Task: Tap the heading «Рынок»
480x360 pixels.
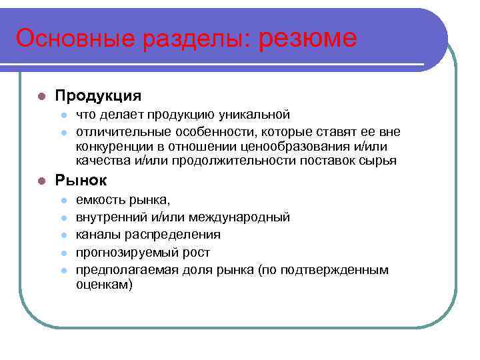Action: coord(81,180)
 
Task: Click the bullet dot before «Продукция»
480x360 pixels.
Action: coord(41,96)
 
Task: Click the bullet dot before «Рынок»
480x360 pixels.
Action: coord(41,181)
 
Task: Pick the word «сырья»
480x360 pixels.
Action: coord(379,161)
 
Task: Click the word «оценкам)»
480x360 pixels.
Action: coord(104,285)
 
